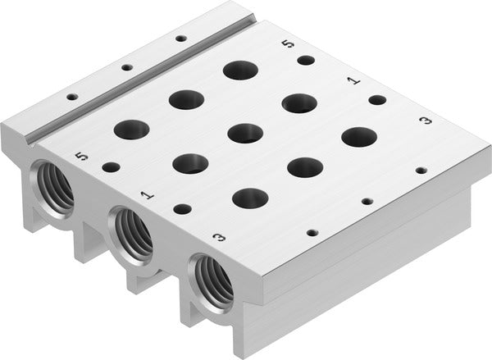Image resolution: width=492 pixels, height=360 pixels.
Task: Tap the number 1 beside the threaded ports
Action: [x=147, y=195]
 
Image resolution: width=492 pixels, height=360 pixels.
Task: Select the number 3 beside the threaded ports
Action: [x=219, y=238]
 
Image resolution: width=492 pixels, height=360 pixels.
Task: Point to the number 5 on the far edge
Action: [x=285, y=45]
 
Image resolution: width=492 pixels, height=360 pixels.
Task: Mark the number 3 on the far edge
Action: [x=425, y=121]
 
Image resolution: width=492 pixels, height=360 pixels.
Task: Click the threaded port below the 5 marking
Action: [x=52, y=187]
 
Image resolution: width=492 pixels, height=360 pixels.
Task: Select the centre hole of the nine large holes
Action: [x=245, y=132]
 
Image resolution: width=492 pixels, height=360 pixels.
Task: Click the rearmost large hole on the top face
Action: [x=239, y=71]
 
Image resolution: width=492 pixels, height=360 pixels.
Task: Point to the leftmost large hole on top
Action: [x=132, y=129]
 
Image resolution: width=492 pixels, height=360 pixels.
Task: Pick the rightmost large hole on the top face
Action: [x=358, y=137]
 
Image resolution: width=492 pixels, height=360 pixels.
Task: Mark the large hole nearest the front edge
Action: [x=250, y=198]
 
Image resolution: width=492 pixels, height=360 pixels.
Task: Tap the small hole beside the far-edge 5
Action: [x=306, y=60]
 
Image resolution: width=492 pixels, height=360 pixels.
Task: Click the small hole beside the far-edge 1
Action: [x=376, y=100]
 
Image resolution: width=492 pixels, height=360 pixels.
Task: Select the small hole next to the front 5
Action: [x=111, y=167]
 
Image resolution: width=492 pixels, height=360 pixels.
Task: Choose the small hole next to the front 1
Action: [x=182, y=209]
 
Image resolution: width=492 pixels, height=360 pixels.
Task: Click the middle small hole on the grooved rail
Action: [x=126, y=68]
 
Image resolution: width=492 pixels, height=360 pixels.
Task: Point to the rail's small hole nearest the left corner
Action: [x=72, y=97]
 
